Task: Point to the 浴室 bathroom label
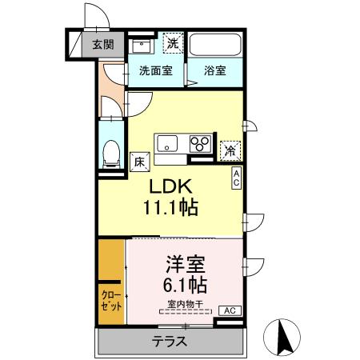click(x=214, y=70)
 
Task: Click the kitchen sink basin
click(x=168, y=144)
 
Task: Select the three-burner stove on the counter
click(x=199, y=144)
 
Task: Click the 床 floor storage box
click(x=138, y=161)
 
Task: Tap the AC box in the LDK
click(x=237, y=178)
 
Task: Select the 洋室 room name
click(x=185, y=263)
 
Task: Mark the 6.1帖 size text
click(x=186, y=285)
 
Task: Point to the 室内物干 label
click(x=184, y=303)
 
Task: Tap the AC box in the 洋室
click(x=227, y=310)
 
